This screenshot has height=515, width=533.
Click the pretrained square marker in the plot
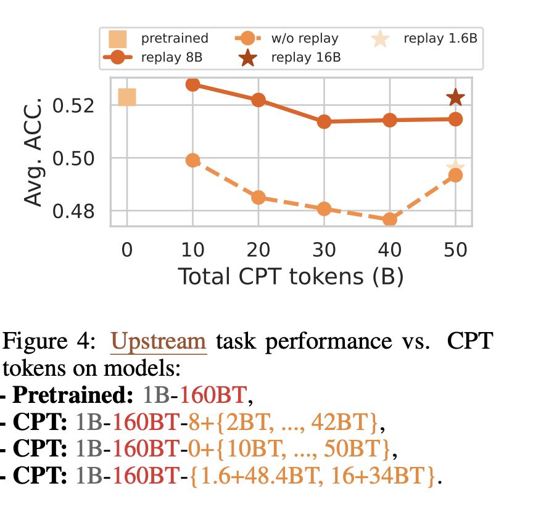tap(126, 97)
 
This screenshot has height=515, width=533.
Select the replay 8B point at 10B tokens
tap(192, 84)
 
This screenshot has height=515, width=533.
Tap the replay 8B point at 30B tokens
tap(324, 122)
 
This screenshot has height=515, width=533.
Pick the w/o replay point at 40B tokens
tap(390, 219)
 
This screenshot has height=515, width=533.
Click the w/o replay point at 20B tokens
tap(258, 198)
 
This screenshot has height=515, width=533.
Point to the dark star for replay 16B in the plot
tap(455, 97)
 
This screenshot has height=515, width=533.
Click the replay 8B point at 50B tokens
tap(455, 120)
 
